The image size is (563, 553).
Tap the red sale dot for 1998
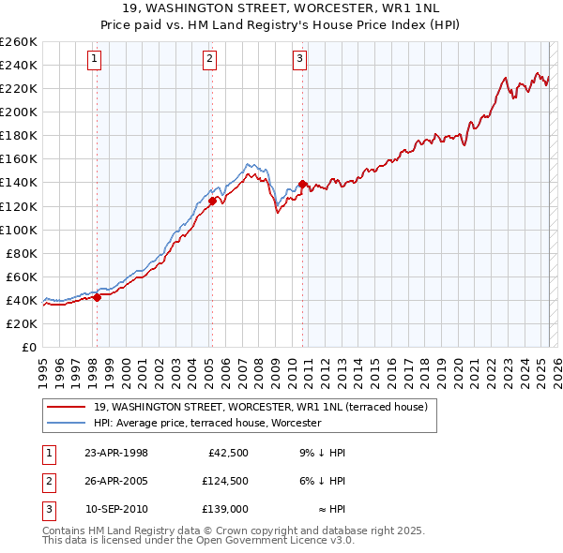pyautogui.click(x=97, y=297)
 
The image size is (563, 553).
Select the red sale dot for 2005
pyautogui.click(x=212, y=201)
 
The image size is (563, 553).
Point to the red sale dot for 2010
pyautogui.click(x=302, y=184)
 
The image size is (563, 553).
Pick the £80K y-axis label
pyautogui.click(x=22, y=253)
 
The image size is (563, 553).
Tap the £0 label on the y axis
pyautogui.click(x=28, y=347)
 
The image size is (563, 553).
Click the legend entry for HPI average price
pyautogui.click(x=207, y=423)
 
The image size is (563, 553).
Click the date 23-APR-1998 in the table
pyautogui.click(x=116, y=453)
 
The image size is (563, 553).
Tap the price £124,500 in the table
pyautogui.click(x=224, y=481)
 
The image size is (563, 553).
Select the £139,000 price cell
pyautogui.click(x=224, y=509)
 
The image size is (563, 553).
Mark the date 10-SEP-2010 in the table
pyautogui.click(x=116, y=509)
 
